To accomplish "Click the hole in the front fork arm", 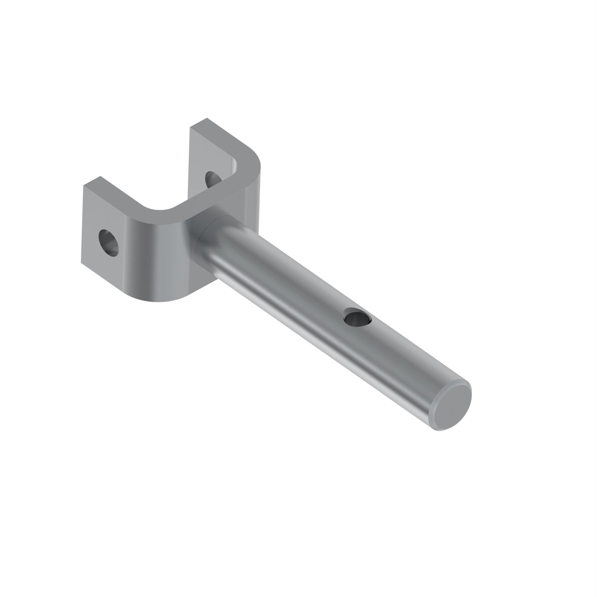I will coord(108,243).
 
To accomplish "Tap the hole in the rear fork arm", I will coord(213,179).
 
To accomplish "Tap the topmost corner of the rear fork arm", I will coord(207,118).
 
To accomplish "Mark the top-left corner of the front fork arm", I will coord(84,186).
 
